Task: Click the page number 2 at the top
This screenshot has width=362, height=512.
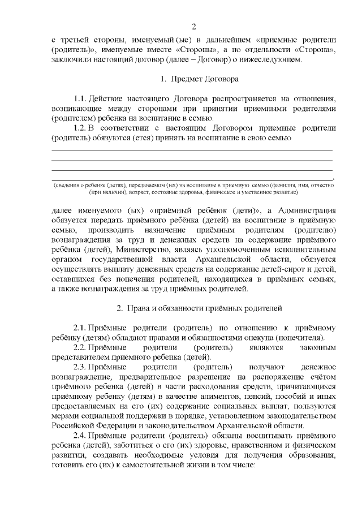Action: coord(193,26)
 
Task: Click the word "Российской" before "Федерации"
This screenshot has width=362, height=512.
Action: coord(74,425)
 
